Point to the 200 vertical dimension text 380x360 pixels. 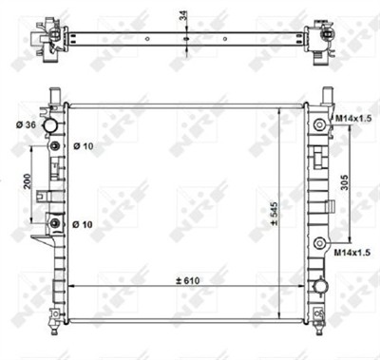[28, 183]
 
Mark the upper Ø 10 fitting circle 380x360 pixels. [53, 146]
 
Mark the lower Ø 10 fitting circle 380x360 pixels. [53, 224]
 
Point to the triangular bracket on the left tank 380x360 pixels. [38, 241]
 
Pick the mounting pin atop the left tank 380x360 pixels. [54, 92]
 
